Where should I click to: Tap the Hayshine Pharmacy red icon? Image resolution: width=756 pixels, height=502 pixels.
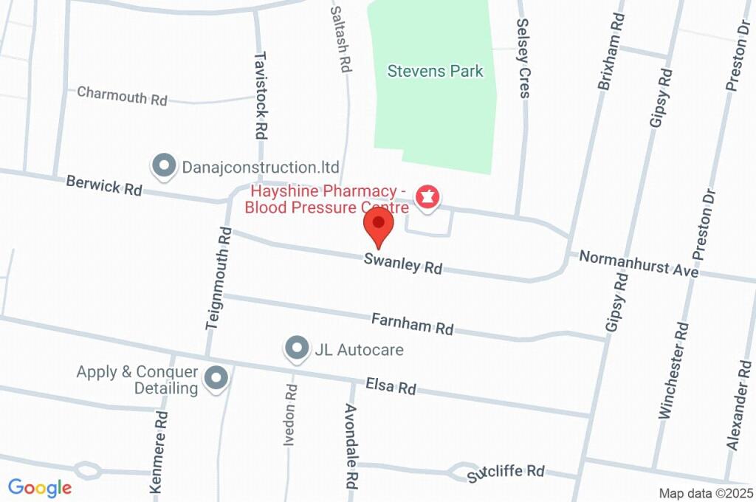(x=427, y=197)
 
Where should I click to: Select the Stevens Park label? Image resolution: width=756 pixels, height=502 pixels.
(x=436, y=72)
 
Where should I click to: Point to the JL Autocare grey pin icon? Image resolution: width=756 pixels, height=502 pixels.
(x=297, y=348)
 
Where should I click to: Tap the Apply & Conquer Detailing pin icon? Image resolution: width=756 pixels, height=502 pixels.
(x=216, y=379)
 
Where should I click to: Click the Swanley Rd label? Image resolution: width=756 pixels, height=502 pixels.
(x=402, y=264)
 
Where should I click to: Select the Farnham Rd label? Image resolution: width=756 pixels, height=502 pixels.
(x=412, y=323)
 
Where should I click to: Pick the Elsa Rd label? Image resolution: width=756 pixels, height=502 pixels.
(x=391, y=386)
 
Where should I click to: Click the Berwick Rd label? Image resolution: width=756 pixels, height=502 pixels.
(x=103, y=185)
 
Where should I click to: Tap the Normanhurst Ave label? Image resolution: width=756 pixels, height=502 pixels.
(x=639, y=264)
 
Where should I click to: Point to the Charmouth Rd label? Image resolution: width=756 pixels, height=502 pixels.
(x=123, y=95)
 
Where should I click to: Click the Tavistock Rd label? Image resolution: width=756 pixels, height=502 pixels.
(x=260, y=95)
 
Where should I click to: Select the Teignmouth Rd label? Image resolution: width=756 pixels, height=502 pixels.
(x=219, y=277)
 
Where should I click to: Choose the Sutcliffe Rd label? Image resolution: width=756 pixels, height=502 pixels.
(x=506, y=473)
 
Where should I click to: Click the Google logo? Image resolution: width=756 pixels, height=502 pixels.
(x=40, y=488)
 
